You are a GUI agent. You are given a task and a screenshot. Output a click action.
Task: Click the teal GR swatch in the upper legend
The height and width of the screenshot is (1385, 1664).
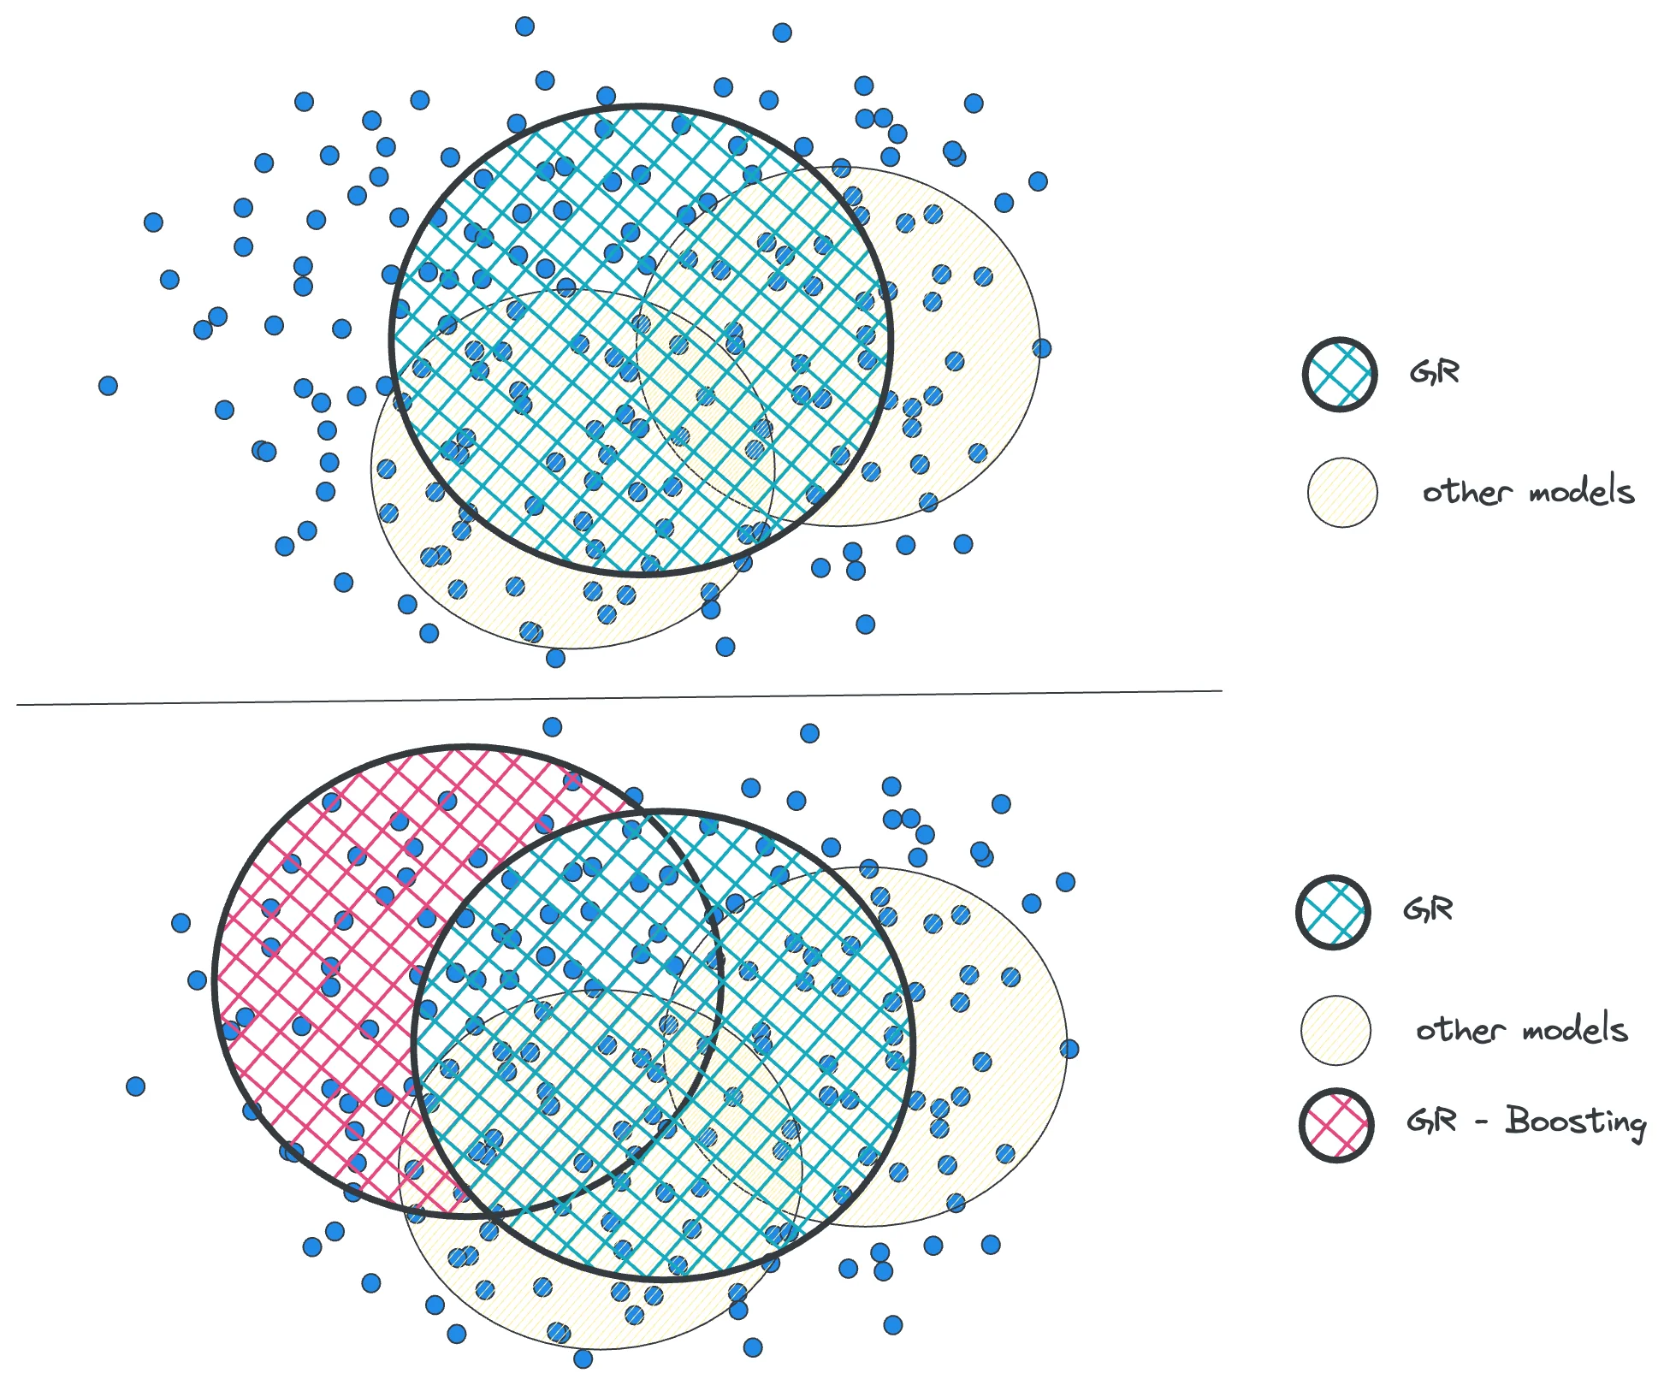pos(1339,375)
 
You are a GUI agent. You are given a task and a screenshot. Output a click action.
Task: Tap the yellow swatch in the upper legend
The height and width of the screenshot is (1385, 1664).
pos(1342,493)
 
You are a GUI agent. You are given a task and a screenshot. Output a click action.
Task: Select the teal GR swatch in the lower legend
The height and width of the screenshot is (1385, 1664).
pos(1333,912)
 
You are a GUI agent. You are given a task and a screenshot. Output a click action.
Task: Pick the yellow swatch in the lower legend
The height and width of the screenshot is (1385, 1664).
pos(1335,1030)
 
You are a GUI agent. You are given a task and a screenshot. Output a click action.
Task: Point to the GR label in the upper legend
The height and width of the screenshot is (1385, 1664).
pos(1435,373)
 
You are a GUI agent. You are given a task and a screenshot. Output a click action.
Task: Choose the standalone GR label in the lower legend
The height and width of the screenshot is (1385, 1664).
pos(1428,909)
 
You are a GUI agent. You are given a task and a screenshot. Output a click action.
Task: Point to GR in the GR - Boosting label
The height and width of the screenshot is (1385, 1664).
pos(1431,1121)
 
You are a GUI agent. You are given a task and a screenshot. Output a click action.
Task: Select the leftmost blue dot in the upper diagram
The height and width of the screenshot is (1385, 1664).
pos(108,386)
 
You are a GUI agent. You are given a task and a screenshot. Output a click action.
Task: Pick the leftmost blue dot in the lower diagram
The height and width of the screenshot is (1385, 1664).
pos(135,1086)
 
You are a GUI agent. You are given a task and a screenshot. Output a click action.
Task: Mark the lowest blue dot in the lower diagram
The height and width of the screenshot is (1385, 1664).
pos(583,1358)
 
